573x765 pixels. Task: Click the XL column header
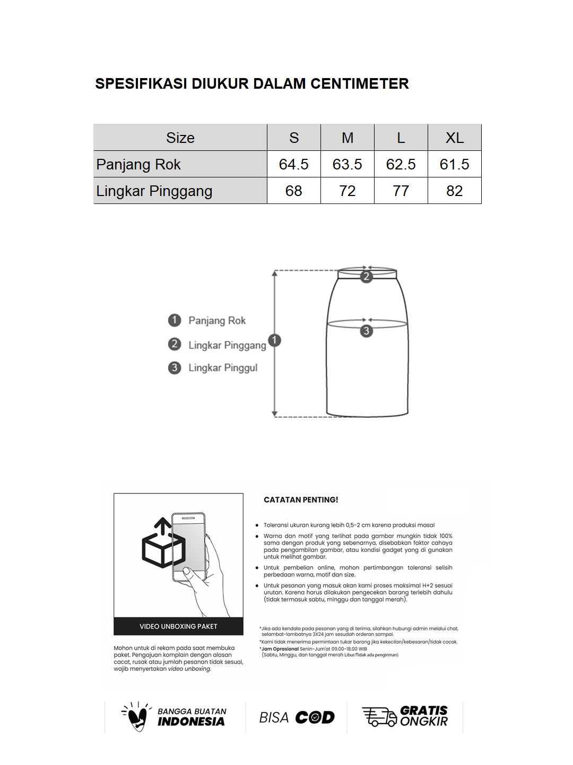[454, 138]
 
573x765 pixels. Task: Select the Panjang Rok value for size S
[293, 164]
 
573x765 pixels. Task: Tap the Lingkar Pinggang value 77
[401, 191]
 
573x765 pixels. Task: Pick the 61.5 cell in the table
[454, 164]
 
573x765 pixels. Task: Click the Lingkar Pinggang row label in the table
[154, 191]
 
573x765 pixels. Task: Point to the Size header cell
[180, 138]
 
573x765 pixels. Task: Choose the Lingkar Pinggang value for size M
[347, 191]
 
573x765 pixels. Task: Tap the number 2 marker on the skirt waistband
[366, 276]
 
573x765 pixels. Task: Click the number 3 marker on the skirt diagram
[366, 331]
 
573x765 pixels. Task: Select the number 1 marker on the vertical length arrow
[275, 341]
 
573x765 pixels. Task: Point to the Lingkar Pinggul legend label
[223, 368]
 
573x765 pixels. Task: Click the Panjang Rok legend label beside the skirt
[217, 320]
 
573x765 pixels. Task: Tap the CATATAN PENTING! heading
[301, 500]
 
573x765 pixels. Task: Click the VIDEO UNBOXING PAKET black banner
[178, 626]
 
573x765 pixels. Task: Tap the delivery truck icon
[379, 717]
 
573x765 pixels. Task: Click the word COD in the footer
[315, 718]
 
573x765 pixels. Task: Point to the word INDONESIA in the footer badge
[191, 721]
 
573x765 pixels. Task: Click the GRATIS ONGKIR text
[423, 716]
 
